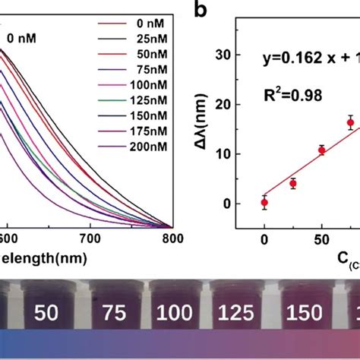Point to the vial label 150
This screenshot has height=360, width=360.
click(300, 312)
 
